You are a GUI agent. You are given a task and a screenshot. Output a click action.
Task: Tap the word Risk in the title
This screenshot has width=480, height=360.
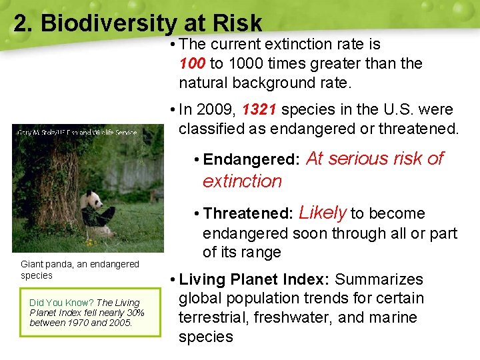tap(236, 23)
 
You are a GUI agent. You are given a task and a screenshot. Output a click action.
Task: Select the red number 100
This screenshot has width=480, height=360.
tap(193, 64)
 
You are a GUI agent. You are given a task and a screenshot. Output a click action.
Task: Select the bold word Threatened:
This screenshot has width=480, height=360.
tap(248, 214)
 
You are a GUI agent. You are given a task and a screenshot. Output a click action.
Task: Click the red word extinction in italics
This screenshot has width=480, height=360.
tap(242, 181)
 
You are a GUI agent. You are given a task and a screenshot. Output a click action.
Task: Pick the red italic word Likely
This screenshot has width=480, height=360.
tap(323, 213)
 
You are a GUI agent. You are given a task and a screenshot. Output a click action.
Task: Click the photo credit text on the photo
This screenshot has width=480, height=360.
tap(77, 133)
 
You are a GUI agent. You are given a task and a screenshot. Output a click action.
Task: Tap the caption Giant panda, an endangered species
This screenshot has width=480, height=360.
tap(79, 270)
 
